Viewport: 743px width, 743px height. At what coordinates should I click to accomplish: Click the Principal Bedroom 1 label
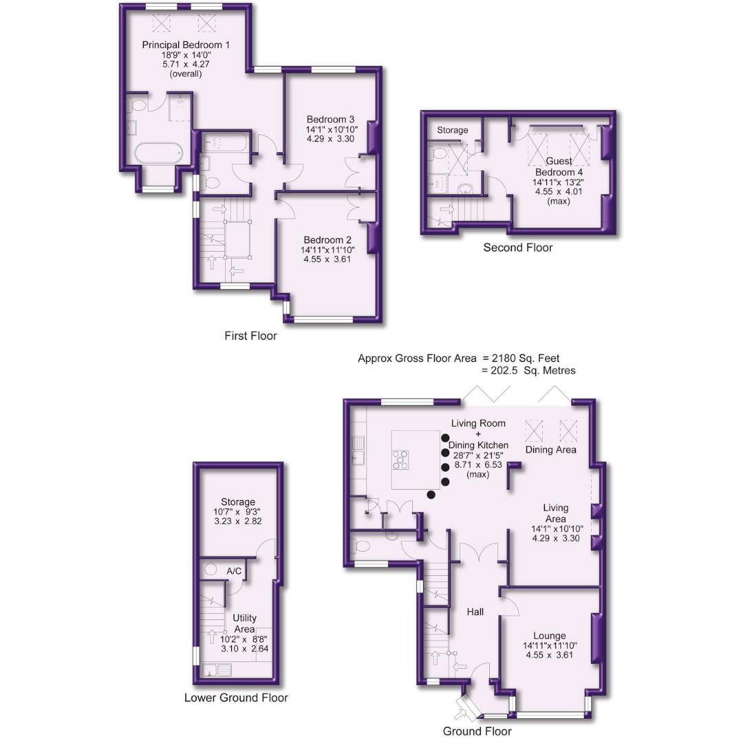click(x=186, y=45)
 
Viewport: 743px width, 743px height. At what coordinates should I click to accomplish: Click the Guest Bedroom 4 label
click(x=559, y=166)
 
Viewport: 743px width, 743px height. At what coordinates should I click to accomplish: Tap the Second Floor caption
click(x=517, y=248)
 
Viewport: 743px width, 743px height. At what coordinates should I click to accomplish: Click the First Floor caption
click(x=250, y=336)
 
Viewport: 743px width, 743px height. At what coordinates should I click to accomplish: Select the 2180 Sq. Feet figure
click(x=530, y=358)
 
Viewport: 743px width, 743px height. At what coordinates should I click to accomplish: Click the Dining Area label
click(x=551, y=450)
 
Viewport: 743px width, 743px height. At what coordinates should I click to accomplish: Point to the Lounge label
click(x=549, y=636)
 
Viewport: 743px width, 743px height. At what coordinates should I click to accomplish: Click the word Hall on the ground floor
click(x=475, y=612)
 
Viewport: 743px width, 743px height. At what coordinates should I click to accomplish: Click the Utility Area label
click(x=244, y=623)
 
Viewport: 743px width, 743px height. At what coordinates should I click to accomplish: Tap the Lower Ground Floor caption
click(x=236, y=698)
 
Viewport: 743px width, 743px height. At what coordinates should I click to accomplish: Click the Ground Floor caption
click(x=477, y=731)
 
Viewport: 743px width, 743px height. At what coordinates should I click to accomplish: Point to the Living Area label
click(x=555, y=513)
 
